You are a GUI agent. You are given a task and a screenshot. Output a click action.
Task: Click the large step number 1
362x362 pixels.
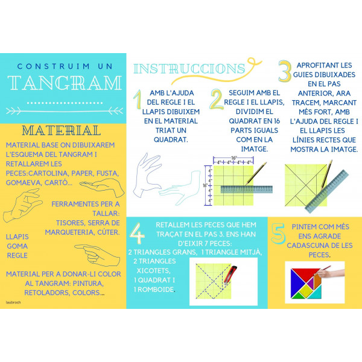pyautogui.click(x=138, y=100)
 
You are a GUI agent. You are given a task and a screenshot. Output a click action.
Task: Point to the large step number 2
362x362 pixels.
pyautogui.click(x=215, y=100)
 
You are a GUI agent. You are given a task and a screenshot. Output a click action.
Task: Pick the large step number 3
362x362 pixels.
pyautogui.click(x=285, y=71)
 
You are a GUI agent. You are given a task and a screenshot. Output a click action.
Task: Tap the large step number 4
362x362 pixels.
pyautogui.click(x=138, y=232)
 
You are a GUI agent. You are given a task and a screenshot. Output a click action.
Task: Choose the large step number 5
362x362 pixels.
pyautogui.click(x=277, y=234)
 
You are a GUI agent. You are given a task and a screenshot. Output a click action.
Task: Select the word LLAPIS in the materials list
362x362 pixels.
pyautogui.click(x=17, y=237)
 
